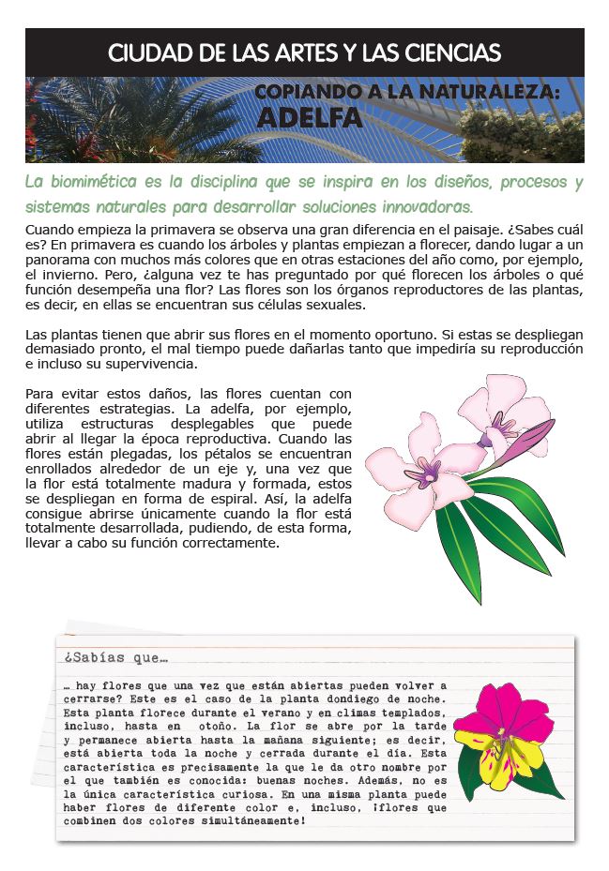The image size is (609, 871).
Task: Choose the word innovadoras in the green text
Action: coord(422,205)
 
